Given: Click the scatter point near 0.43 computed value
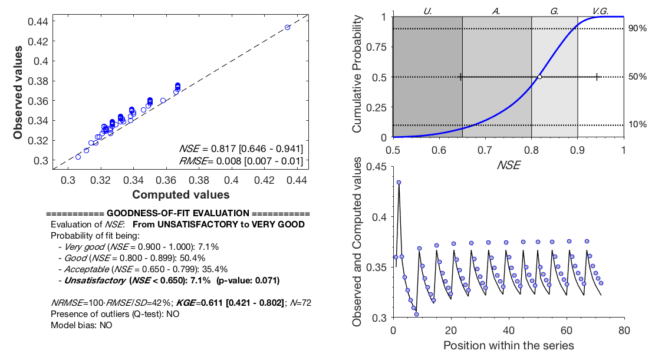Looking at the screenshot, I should click(x=287, y=27).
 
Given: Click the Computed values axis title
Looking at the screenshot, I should click(x=180, y=194).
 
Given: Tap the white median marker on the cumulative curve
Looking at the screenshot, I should click(x=539, y=77).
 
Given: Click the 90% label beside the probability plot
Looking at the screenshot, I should click(x=637, y=29).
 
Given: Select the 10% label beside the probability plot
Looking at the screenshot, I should click(x=637, y=124).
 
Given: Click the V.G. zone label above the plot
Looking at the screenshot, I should click(x=601, y=10).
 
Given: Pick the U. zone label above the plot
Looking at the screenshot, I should click(x=428, y=10).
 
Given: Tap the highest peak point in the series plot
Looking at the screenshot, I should click(x=399, y=182).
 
